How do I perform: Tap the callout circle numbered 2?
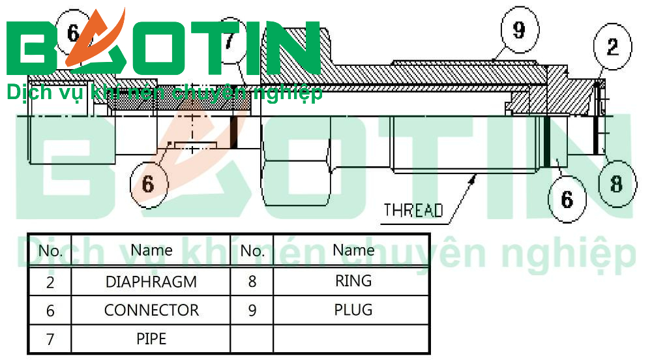[x=612, y=46]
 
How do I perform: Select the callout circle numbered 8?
[x=616, y=183]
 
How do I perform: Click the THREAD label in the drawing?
[x=413, y=211]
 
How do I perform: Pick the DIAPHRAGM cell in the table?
[x=151, y=282]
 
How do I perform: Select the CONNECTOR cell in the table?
[x=151, y=310]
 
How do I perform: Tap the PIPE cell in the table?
[x=151, y=338]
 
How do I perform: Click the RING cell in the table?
[x=353, y=281]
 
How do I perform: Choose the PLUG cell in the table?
[x=353, y=310]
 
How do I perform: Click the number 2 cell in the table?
[x=50, y=282]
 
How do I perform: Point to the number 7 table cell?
[x=50, y=339]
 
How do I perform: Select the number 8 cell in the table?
[x=252, y=282]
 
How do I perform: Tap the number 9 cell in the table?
[x=252, y=310]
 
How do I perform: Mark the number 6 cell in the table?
[x=50, y=310]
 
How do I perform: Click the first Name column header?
[x=151, y=250]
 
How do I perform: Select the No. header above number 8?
[x=252, y=250]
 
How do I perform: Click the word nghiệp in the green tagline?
[x=289, y=93]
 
